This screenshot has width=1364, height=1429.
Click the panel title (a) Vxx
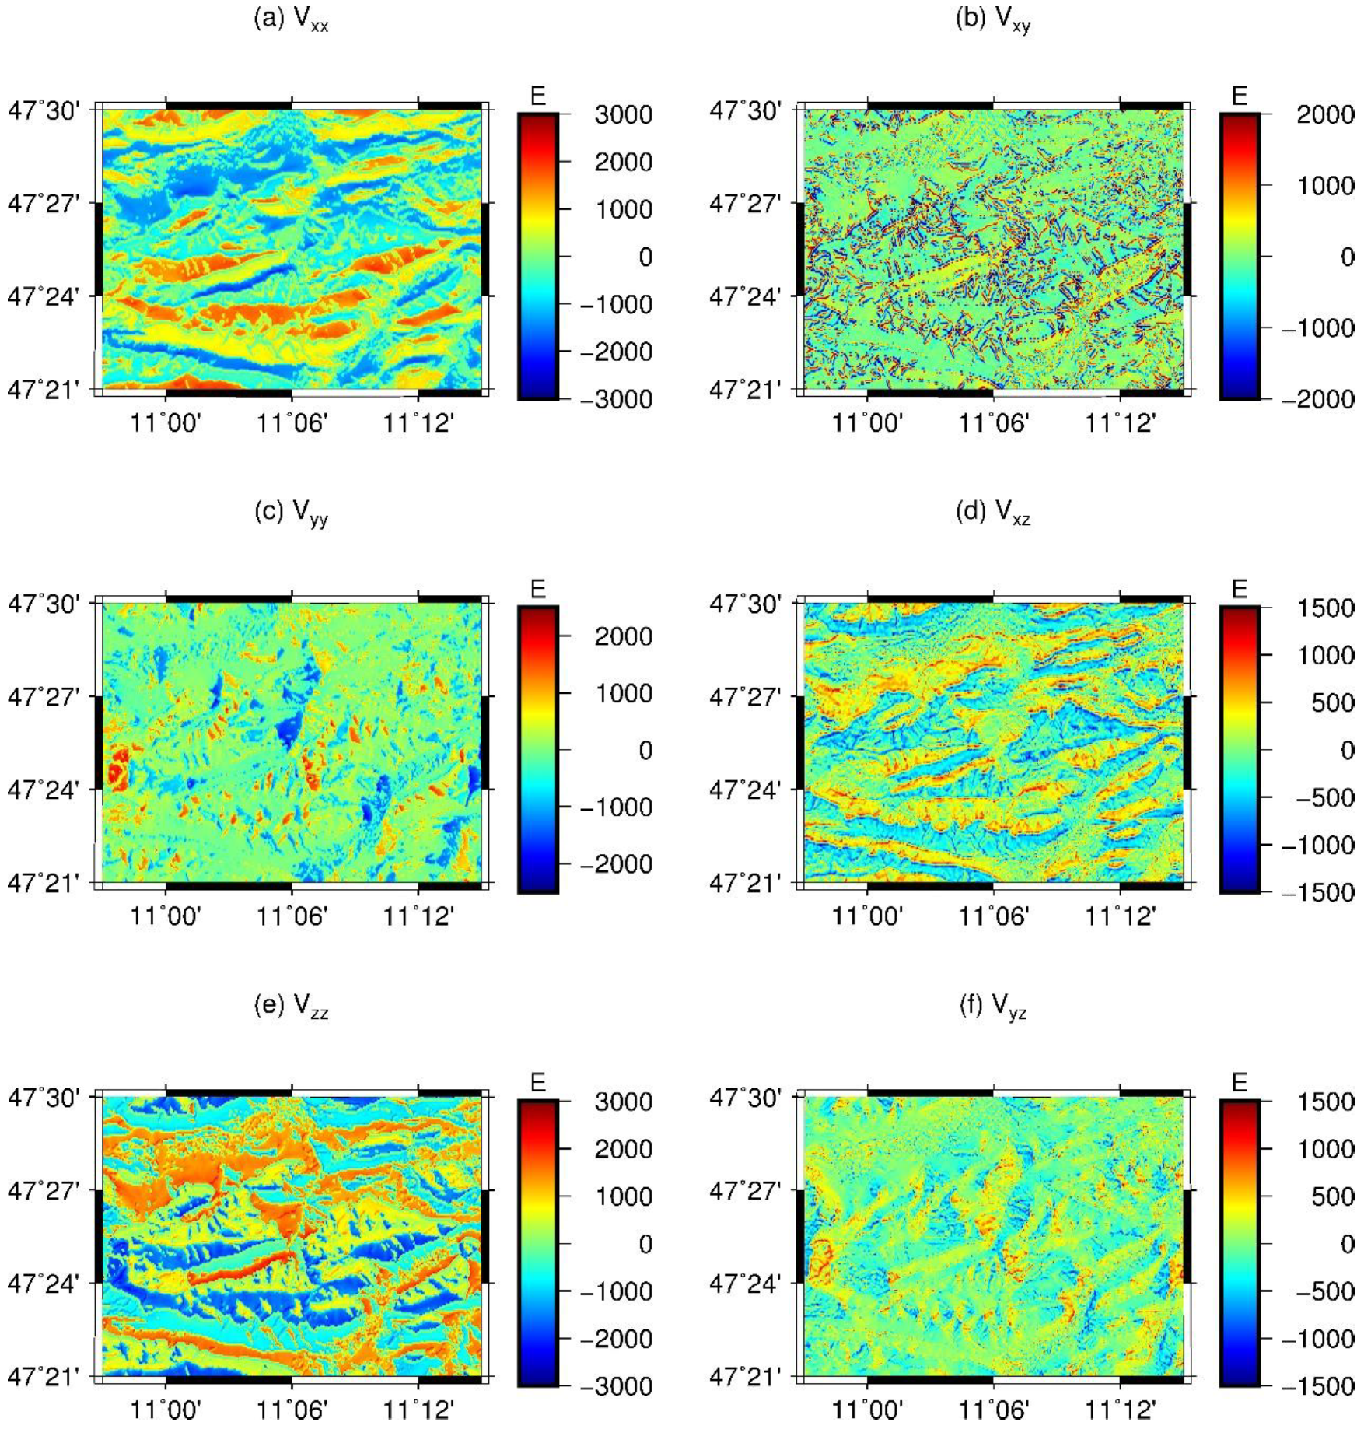click(x=292, y=19)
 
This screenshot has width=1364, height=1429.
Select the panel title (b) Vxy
click(x=993, y=19)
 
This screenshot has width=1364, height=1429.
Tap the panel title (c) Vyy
click(x=292, y=513)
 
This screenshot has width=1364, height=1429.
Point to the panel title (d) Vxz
click(x=993, y=513)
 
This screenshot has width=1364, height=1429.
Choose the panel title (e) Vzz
click(x=292, y=1006)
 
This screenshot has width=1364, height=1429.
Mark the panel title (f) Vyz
click(x=993, y=1006)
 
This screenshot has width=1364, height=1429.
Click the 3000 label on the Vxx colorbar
click(x=623, y=115)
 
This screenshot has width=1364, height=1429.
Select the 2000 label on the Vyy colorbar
click(x=623, y=636)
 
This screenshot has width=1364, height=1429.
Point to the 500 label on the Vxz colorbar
click(x=1331, y=702)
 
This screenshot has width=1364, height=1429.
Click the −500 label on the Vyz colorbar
click(x=1324, y=1291)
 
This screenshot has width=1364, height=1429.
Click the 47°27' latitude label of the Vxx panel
click(x=44, y=204)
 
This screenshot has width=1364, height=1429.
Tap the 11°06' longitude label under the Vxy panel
click(x=993, y=423)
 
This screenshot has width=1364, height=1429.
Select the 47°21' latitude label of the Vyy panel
click(x=44, y=884)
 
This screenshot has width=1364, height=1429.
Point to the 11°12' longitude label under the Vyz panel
click(x=1120, y=1410)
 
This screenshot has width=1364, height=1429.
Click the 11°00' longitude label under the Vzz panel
click(x=165, y=1410)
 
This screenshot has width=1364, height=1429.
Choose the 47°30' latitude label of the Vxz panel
click(x=745, y=604)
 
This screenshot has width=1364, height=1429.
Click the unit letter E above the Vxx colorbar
click(x=537, y=96)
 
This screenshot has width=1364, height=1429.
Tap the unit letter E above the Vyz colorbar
click(x=1239, y=1082)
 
